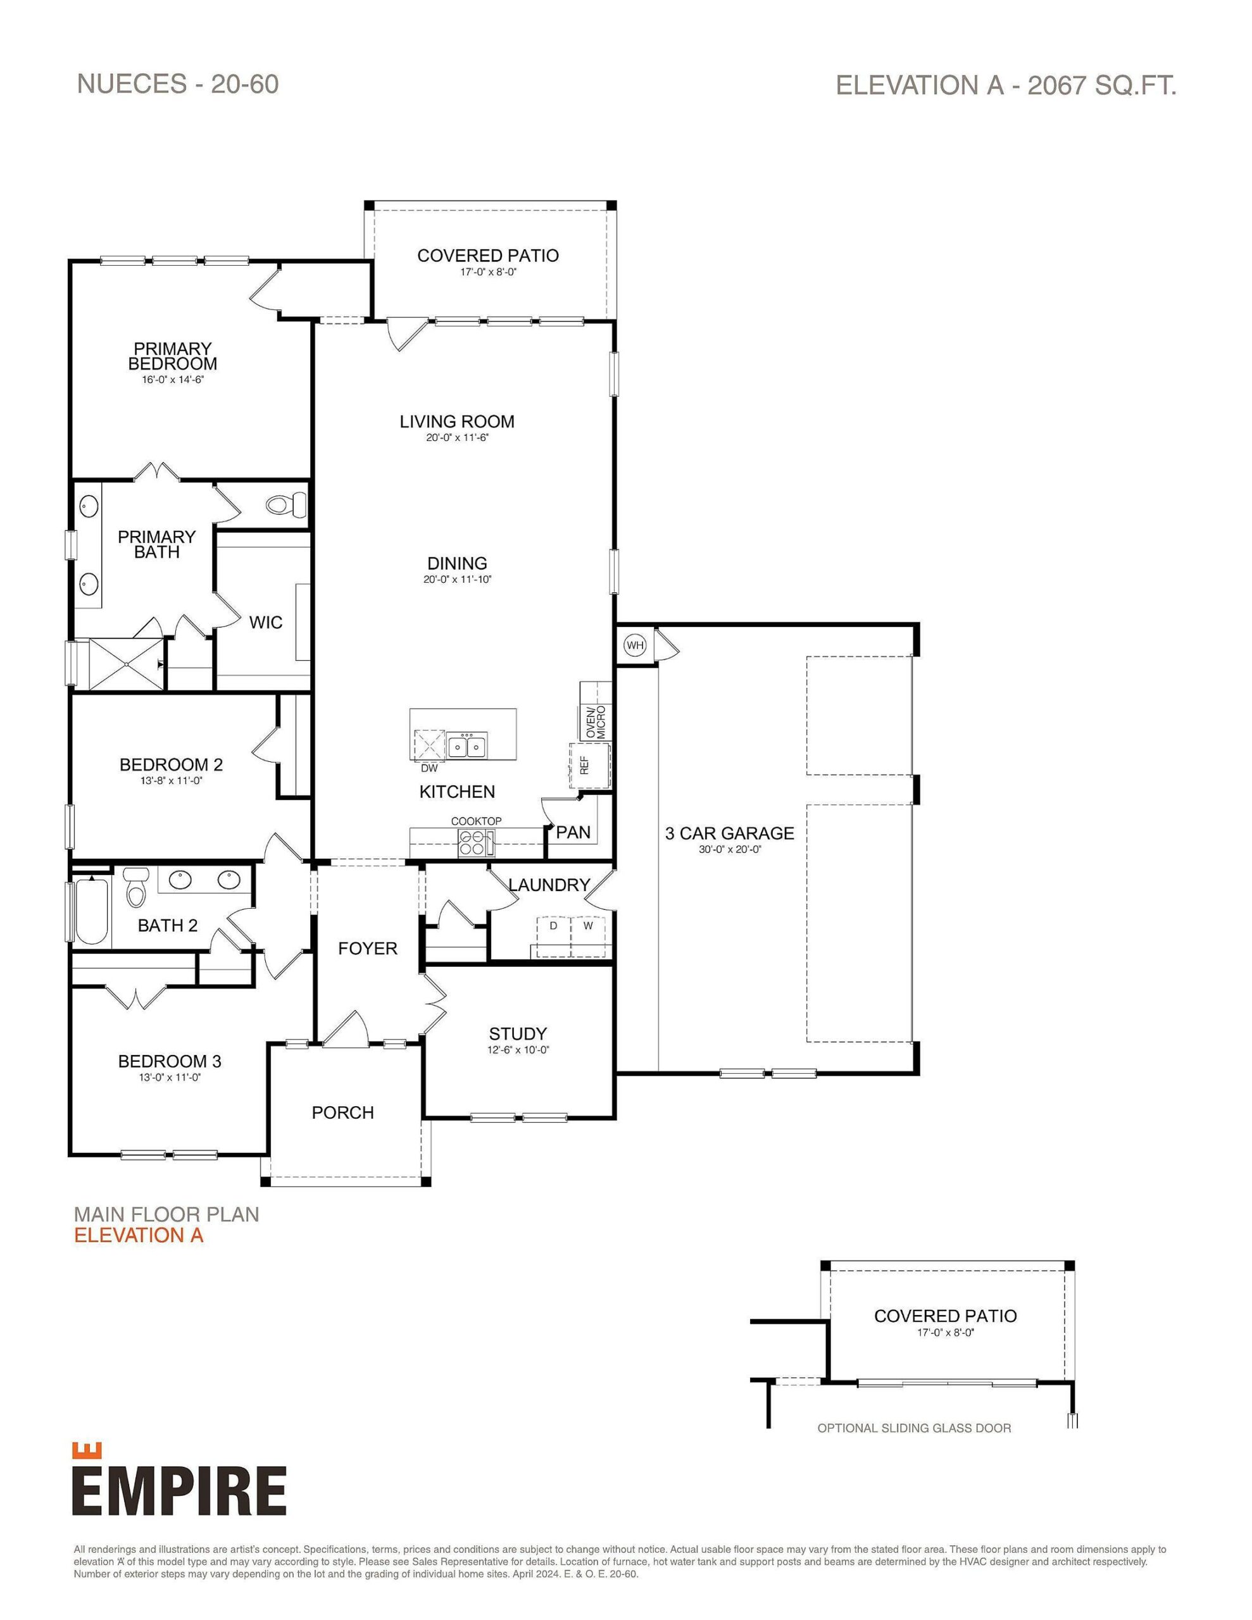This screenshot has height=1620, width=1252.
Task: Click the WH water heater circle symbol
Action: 634,645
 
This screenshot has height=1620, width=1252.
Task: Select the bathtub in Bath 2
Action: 91,911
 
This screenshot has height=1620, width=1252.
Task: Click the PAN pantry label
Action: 573,832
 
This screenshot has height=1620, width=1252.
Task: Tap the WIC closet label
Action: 266,622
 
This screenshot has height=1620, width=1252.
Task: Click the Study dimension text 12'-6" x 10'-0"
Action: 518,1050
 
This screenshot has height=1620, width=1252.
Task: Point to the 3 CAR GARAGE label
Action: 730,833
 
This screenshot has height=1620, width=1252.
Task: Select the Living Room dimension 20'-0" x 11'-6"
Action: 457,438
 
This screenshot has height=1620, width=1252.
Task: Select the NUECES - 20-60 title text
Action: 178,84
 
